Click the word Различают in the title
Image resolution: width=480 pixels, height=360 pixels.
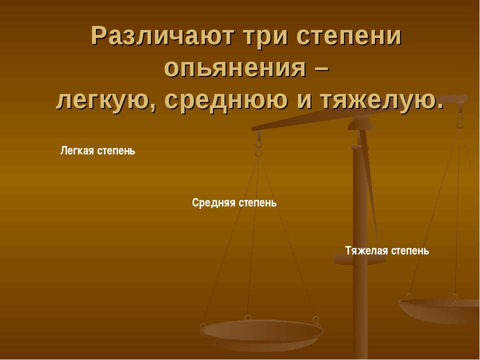pos(162,36)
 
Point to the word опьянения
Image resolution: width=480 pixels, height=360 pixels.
pos(235,68)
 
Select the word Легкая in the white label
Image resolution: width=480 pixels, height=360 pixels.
pos(77,150)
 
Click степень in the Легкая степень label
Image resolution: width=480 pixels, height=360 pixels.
pos(116,151)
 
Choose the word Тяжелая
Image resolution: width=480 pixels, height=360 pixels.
pos(366,250)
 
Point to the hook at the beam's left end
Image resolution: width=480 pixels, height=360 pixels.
pos(258,145)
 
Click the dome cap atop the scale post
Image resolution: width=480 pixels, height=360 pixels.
pos(360,123)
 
